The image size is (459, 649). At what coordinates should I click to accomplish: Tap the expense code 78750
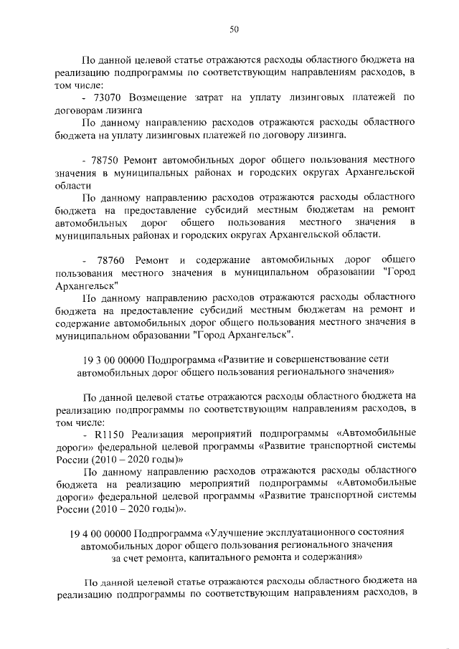tap(108, 158)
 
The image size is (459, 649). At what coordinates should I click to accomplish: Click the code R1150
tap(108, 434)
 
